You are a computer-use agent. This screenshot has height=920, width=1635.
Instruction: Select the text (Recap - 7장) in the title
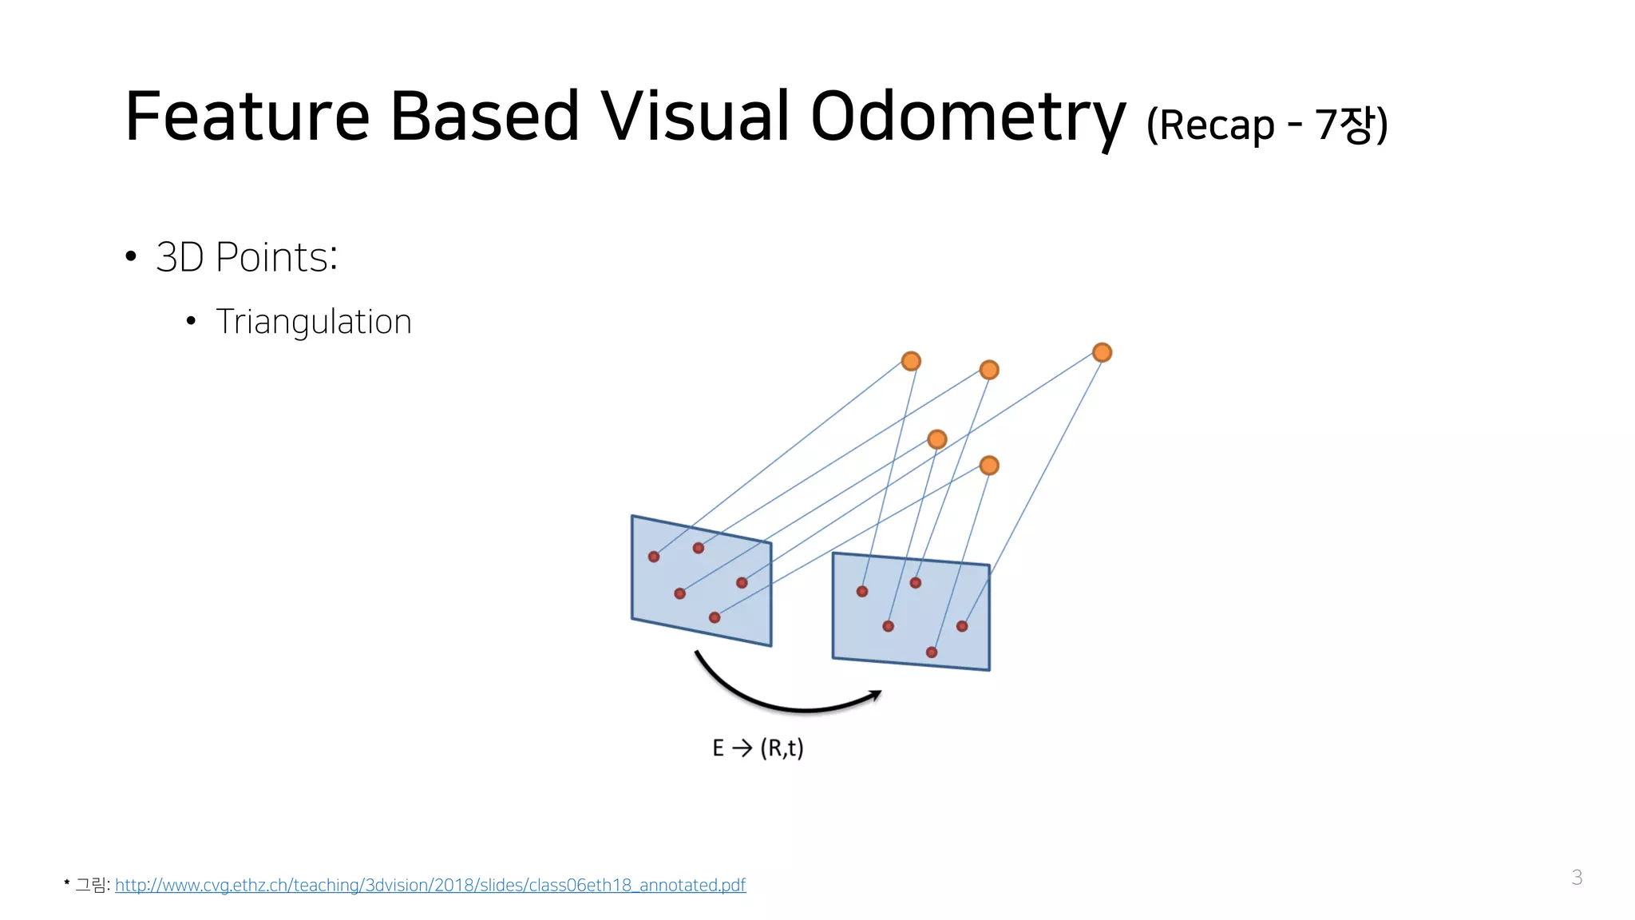click(x=1267, y=125)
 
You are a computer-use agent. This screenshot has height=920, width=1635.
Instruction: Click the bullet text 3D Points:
click(x=247, y=257)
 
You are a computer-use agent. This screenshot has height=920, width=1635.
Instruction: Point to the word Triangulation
click(x=313, y=322)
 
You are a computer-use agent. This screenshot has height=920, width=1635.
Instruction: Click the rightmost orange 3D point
click(x=1102, y=352)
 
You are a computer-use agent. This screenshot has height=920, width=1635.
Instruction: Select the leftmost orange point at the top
click(x=911, y=361)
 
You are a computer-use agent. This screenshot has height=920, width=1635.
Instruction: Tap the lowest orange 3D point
click(x=989, y=466)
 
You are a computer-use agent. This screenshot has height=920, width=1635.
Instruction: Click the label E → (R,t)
click(x=758, y=748)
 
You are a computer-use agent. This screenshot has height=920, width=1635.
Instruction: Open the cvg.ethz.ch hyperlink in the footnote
click(x=430, y=885)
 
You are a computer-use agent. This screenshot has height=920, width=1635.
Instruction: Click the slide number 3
click(x=1576, y=877)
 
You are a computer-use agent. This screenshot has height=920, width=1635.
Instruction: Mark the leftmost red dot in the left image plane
click(x=654, y=557)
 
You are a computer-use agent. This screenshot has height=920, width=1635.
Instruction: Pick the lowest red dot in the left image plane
click(x=715, y=617)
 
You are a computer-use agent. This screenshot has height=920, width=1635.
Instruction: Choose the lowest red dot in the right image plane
click(x=932, y=652)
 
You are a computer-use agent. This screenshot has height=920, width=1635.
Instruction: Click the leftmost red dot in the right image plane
click(x=862, y=592)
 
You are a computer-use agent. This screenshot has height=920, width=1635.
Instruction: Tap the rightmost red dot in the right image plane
click(x=962, y=626)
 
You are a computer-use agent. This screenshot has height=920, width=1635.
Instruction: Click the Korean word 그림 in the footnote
click(x=90, y=885)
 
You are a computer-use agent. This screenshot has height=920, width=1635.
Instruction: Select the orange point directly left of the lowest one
click(x=937, y=439)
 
